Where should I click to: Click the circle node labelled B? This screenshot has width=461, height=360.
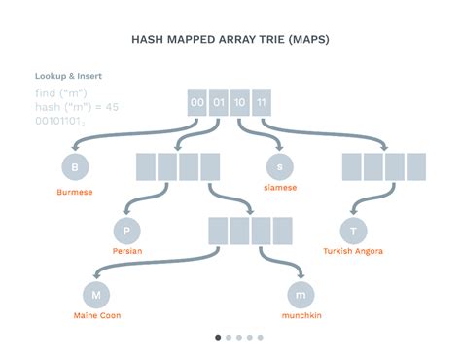74,167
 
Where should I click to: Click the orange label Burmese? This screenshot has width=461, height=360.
74,193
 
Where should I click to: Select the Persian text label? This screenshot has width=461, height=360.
127,251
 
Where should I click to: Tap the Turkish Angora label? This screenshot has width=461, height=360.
353,251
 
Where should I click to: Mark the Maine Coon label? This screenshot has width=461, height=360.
96,314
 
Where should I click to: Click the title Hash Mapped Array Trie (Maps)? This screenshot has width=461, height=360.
230,41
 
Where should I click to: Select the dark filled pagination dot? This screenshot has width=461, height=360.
217,338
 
